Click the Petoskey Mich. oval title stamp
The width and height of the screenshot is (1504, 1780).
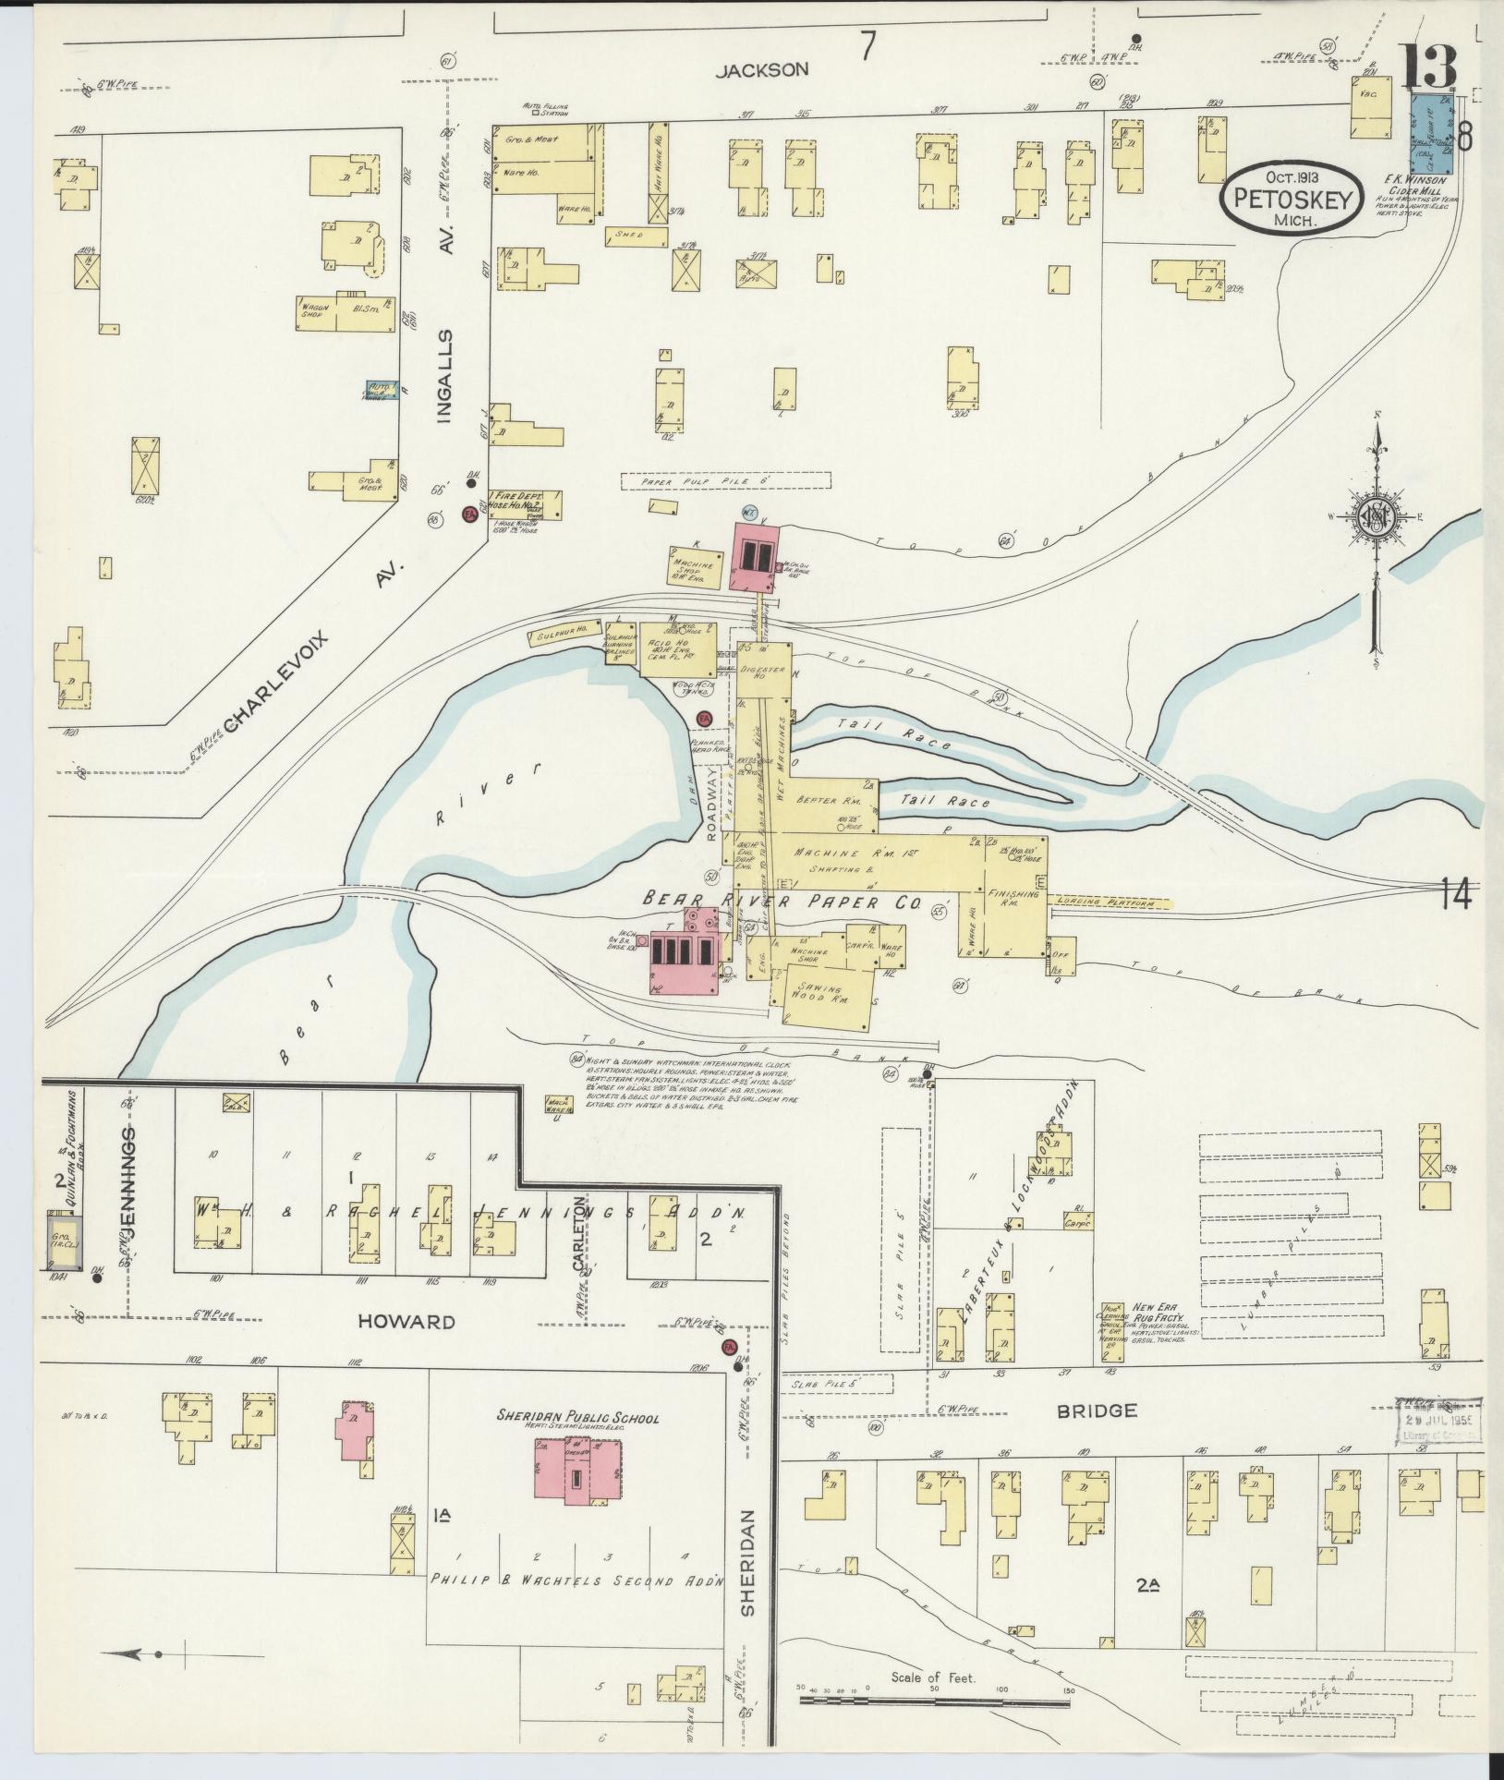click(1292, 197)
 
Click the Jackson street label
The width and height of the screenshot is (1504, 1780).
click(763, 69)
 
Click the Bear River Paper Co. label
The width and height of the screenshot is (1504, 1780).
click(782, 902)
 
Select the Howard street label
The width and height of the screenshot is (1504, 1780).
click(407, 1322)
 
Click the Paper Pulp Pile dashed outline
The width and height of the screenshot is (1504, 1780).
click(725, 480)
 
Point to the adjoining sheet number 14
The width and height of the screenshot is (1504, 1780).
click(1455, 894)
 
